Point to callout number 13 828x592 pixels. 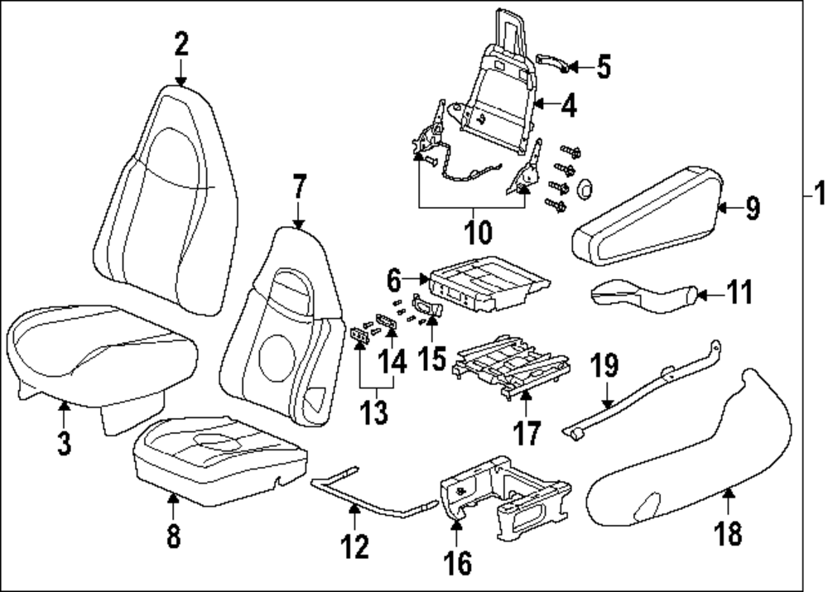pos(377,412)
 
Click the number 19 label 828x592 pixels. pos(605,363)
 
